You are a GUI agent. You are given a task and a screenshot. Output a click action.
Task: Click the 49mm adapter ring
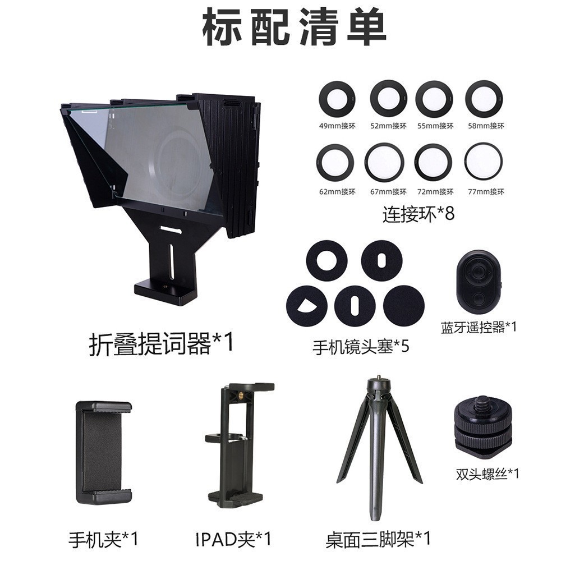tap(337, 99)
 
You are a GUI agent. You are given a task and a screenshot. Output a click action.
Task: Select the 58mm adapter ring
tap(484, 99)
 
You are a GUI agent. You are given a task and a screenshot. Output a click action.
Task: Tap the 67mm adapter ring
tap(384, 163)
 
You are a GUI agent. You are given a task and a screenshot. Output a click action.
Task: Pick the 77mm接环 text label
tap(486, 192)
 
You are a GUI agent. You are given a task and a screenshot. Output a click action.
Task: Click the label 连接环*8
tap(418, 214)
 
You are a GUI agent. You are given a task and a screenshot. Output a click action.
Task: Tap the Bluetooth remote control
tap(477, 282)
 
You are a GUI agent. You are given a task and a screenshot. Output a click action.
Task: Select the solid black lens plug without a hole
tap(404, 306)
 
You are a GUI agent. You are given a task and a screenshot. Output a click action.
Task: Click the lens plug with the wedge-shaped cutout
tap(307, 306)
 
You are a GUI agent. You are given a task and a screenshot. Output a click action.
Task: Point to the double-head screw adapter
tap(483, 426)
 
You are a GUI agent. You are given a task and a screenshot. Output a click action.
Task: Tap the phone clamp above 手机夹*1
tap(104, 452)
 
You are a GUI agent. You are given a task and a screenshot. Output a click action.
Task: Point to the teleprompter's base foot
tap(166, 292)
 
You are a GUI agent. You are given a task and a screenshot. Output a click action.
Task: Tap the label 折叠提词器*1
tap(160, 343)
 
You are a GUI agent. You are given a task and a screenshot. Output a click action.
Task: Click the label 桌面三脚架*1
tap(378, 540)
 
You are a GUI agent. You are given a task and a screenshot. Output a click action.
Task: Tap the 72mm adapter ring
tap(433, 162)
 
